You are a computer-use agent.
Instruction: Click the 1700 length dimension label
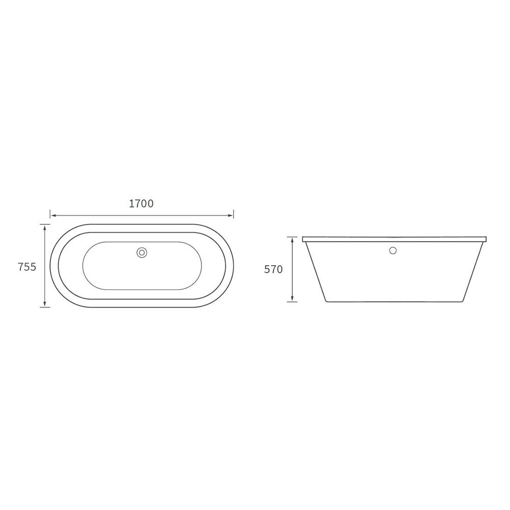click(x=141, y=203)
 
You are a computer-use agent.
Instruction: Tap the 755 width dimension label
click(x=27, y=267)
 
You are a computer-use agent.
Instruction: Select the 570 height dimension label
click(x=273, y=270)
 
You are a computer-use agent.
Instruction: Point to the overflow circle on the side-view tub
click(x=393, y=250)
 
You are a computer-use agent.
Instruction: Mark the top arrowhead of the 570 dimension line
click(x=292, y=239)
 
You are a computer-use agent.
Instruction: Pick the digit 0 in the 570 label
click(x=279, y=270)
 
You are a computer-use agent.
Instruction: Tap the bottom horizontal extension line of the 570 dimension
click(x=292, y=301)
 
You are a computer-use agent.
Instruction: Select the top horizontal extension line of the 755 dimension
click(x=45, y=224)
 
